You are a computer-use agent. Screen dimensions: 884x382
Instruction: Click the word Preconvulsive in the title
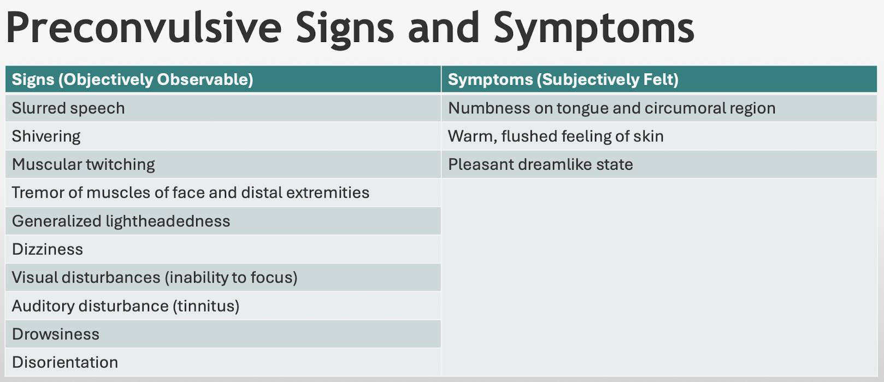[x=144, y=28]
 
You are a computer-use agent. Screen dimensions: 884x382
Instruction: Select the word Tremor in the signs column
[x=38, y=193]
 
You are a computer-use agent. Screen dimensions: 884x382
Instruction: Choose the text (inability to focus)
[x=231, y=278]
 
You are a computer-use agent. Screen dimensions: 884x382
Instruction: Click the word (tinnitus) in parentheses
[x=206, y=306]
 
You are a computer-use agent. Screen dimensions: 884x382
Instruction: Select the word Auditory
[x=43, y=306]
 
